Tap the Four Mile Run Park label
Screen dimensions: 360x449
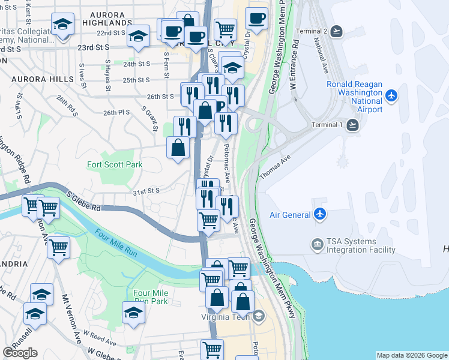[x=151, y=297]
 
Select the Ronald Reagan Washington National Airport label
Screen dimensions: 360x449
[x=355, y=97]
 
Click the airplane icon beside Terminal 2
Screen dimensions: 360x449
[x=337, y=31]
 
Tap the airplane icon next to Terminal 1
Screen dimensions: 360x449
[x=352, y=124]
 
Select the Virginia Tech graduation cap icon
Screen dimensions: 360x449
[x=258, y=316]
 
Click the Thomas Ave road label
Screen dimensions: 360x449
[x=275, y=167]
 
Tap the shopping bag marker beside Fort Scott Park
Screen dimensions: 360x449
[x=178, y=148]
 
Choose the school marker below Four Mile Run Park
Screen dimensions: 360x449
[x=133, y=313]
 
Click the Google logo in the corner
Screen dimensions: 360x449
[x=20, y=353]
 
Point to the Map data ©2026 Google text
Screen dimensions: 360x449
[x=411, y=355]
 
